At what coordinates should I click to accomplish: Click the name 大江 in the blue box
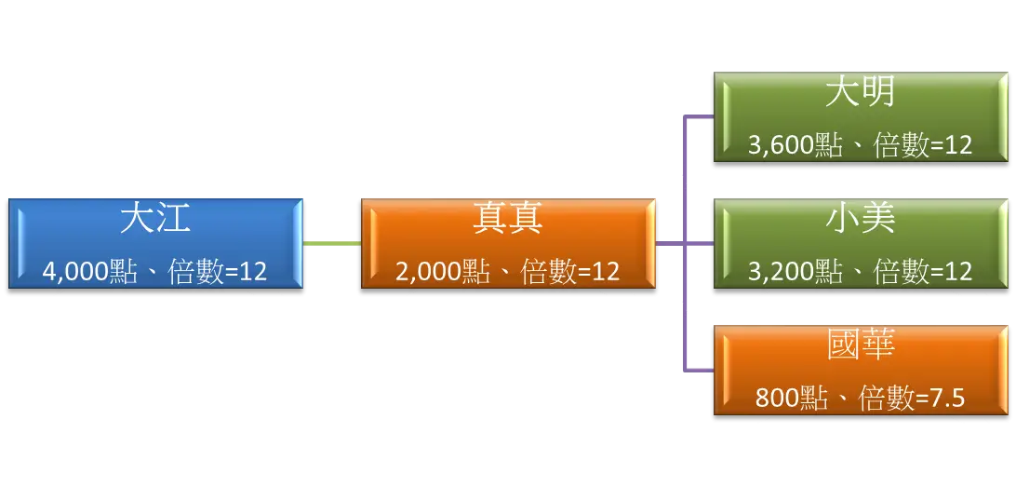[x=155, y=220]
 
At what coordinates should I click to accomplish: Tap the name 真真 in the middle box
[x=508, y=220]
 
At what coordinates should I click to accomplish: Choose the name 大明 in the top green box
[x=861, y=93]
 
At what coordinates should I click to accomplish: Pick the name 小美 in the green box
[x=861, y=219]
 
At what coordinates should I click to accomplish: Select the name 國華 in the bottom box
[x=861, y=345]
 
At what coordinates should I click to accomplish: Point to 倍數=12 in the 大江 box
[x=218, y=271]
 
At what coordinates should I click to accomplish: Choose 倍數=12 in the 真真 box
[x=570, y=271]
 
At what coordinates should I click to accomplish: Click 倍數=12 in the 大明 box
[x=923, y=145]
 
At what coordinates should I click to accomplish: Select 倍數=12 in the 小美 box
[x=923, y=271]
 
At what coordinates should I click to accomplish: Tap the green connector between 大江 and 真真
[x=332, y=242]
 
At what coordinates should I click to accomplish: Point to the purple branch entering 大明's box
[x=699, y=116]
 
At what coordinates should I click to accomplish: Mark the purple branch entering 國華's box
[x=699, y=369]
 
